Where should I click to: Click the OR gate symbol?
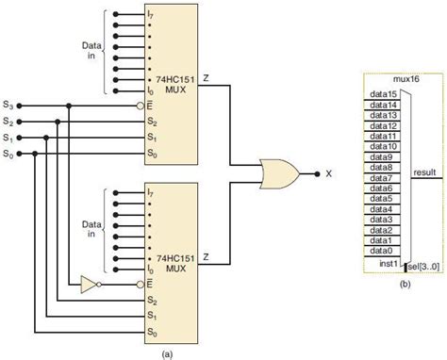(279, 172)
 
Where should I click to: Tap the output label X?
(329, 173)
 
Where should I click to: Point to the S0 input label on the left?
(8, 153)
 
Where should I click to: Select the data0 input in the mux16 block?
(381, 251)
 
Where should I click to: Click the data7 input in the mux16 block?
(381, 178)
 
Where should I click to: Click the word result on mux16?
(423, 172)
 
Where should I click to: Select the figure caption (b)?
(403, 283)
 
